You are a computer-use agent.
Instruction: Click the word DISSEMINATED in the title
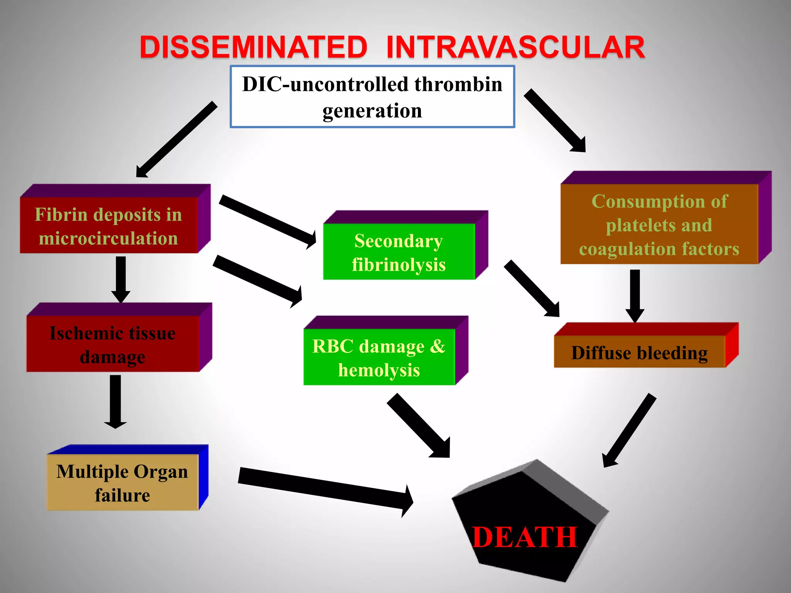[x=253, y=47]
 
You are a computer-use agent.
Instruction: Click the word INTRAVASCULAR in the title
[x=515, y=47]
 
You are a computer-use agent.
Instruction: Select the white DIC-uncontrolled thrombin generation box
[x=372, y=97]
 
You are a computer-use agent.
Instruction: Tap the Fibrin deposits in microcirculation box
[x=109, y=225]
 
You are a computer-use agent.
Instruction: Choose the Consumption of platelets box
[x=659, y=225]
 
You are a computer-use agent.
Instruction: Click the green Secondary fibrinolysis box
[x=399, y=252]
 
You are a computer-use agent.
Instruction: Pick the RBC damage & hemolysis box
[x=379, y=357]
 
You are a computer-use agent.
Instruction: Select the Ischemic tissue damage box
[x=113, y=344]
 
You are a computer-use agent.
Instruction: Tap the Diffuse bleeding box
[x=640, y=352]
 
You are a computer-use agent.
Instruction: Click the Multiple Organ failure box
[x=122, y=483]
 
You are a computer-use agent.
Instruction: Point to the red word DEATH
[x=525, y=537]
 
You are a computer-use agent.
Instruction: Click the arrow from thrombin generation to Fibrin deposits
[x=176, y=140]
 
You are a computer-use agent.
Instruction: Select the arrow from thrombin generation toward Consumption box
[x=555, y=121]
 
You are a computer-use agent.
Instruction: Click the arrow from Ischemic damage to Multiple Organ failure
[x=115, y=402]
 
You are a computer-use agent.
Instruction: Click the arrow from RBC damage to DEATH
[x=419, y=426]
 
